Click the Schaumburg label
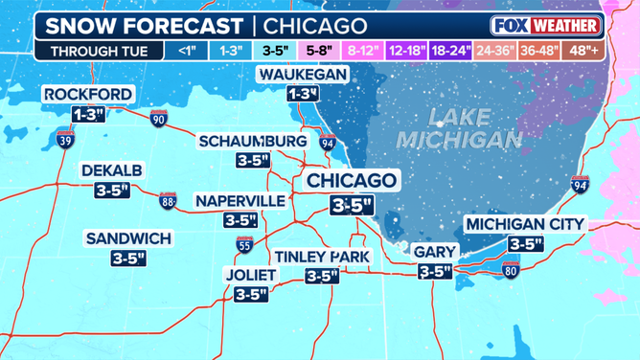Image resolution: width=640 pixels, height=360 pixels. [253, 142]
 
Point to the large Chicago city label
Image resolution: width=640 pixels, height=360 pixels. [351, 181]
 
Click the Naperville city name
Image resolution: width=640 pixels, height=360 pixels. [240, 200]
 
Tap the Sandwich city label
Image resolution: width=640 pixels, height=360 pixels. [128, 238]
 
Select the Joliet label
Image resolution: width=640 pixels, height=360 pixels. [250, 275]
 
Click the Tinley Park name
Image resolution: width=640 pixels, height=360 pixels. [323, 257]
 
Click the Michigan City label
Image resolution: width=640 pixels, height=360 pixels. [524, 224]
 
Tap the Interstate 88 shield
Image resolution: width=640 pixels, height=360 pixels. [169, 200]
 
